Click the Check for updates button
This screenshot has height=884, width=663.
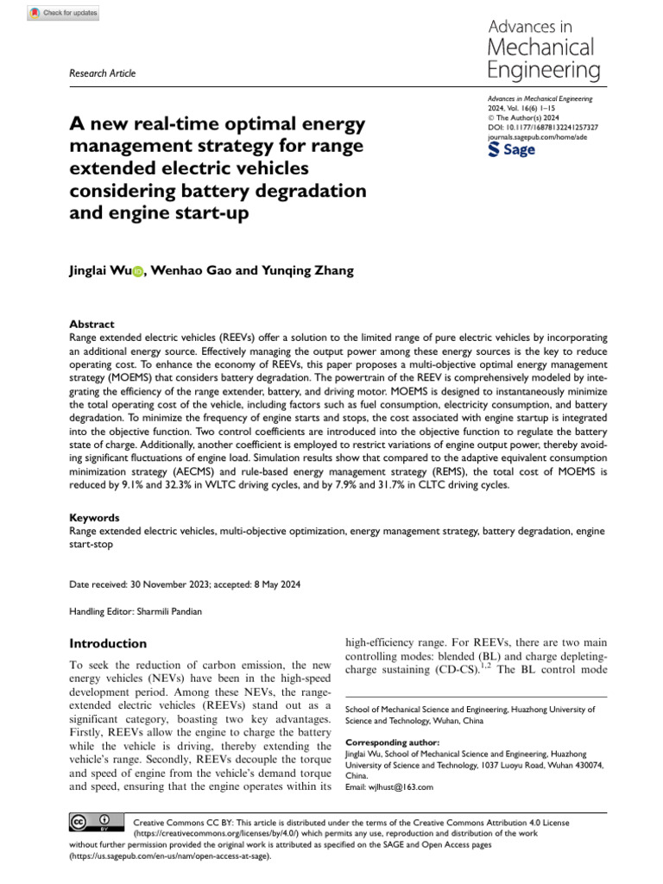[x=64, y=13]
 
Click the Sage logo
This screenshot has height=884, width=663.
[x=512, y=149]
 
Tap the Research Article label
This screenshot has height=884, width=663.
[x=102, y=73]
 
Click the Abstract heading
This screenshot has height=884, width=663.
[x=92, y=325]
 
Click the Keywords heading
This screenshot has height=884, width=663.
[x=94, y=518]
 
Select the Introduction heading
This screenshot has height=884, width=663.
[x=108, y=643]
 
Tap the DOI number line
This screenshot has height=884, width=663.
[x=543, y=127]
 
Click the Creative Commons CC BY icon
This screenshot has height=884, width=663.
[x=90, y=822]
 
